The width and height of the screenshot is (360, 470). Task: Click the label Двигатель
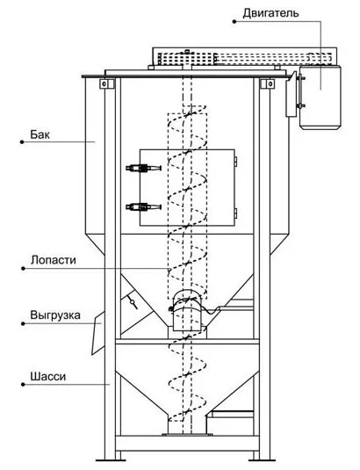tap(270, 13)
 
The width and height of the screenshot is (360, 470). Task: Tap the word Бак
tap(40, 134)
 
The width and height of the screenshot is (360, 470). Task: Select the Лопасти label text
tap(54, 260)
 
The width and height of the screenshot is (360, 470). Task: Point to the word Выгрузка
tap(55, 315)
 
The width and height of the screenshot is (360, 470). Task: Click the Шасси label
tap(48, 377)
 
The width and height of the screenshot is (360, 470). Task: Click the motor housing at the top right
tap(320, 97)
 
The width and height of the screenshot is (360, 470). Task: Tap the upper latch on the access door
tap(143, 168)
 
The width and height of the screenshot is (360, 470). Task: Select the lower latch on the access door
tap(143, 206)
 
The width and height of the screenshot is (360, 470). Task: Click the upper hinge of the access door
tap(235, 162)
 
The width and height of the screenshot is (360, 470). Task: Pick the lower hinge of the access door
tap(235, 213)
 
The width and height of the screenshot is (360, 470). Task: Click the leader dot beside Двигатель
tap(234, 21)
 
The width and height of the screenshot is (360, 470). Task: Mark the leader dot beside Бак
tap(22, 142)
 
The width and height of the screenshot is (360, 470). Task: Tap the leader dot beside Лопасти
tap(23, 268)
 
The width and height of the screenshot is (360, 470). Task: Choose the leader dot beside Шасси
tap(23, 384)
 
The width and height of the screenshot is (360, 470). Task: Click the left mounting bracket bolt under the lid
tap(104, 83)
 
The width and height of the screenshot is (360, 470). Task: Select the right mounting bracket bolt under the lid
tap(270, 83)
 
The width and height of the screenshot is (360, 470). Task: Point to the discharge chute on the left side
tap(98, 333)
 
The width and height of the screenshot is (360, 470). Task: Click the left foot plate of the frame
tap(109, 459)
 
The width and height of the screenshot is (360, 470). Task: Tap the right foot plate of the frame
tap(263, 459)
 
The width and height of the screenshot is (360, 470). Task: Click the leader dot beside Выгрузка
tap(23, 323)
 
